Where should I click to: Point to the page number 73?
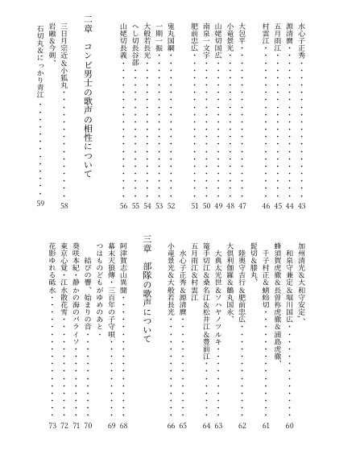pos(52,425)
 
